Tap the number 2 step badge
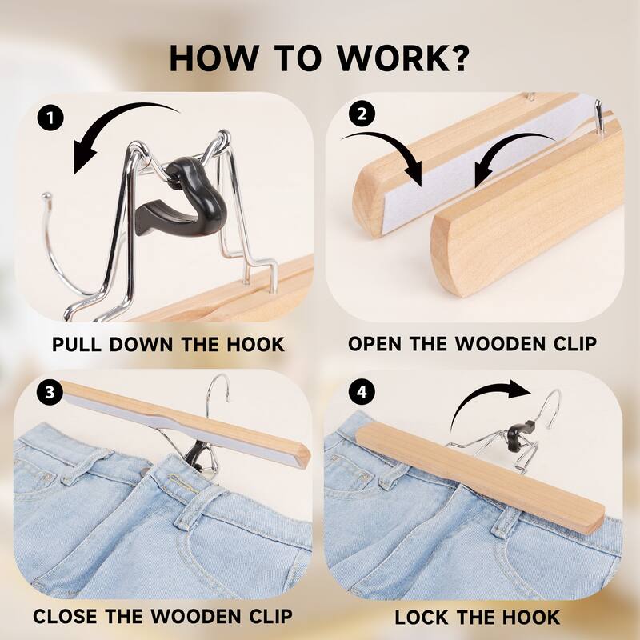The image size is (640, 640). click(364, 114)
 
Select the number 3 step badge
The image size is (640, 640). click(50, 392)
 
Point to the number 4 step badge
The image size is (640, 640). click(364, 392)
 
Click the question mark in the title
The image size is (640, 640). click(459, 59)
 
